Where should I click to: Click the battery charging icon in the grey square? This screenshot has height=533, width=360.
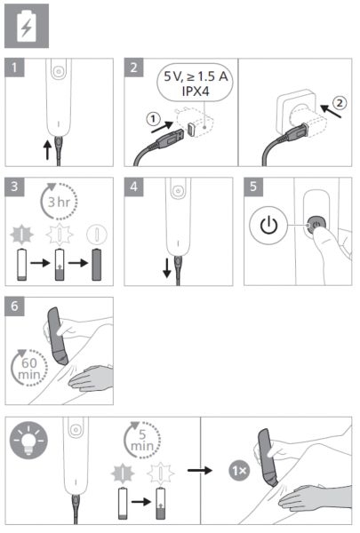click(x=27, y=26)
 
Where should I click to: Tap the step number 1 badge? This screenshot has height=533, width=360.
click(x=14, y=68)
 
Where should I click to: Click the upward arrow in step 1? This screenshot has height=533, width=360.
click(x=48, y=150)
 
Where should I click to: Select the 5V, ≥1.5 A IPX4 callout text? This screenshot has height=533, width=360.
click(x=196, y=84)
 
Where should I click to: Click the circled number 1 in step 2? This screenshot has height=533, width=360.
click(x=154, y=119)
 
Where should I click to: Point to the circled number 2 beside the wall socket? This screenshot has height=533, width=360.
click(x=340, y=103)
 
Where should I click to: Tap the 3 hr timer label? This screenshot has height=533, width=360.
click(x=59, y=202)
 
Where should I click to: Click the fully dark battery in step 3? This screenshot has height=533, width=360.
click(x=97, y=264)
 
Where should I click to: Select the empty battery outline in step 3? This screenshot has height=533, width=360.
click(x=21, y=264)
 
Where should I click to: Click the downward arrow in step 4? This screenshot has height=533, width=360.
click(x=167, y=268)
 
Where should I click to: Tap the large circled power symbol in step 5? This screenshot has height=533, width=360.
click(x=268, y=226)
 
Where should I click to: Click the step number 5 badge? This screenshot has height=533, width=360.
click(x=253, y=187)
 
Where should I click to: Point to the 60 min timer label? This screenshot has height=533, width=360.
click(x=28, y=369)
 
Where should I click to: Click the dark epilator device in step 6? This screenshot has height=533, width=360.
click(x=57, y=336)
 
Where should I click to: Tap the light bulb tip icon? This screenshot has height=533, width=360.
click(x=29, y=441)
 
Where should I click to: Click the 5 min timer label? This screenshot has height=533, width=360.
click(x=142, y=441)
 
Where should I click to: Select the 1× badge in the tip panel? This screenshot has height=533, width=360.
click(x=239, y=471)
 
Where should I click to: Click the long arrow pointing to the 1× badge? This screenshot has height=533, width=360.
click(x=200, y=471)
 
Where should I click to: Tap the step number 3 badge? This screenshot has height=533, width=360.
click(x=14, y=187)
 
